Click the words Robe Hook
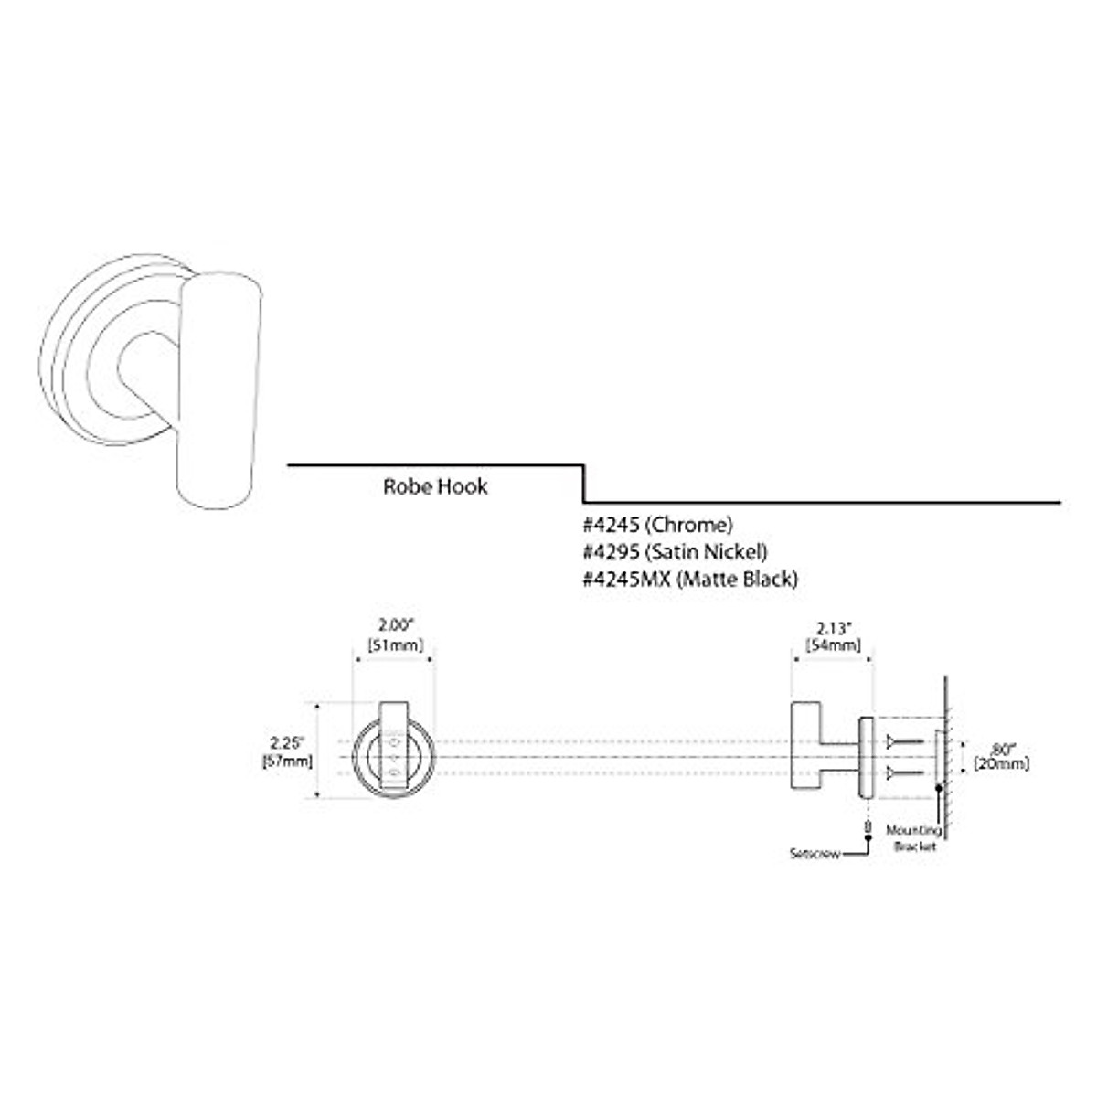435,486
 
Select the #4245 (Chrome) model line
658,525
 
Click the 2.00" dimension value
395,625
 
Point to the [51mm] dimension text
395,644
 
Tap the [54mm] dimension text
833,645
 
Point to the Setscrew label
814,855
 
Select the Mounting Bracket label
913,839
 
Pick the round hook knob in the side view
805,756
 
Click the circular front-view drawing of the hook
394,758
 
